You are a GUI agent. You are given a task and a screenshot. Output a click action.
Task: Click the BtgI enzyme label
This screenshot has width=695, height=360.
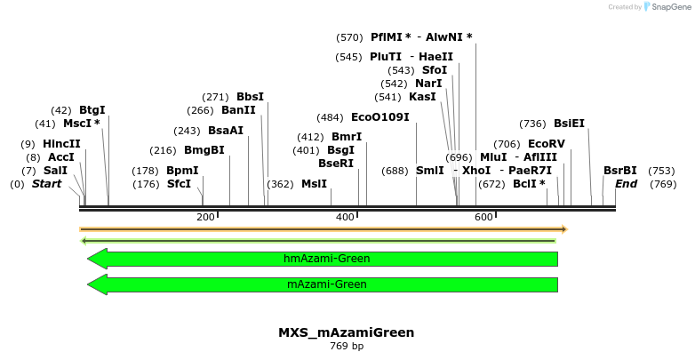(92, 110)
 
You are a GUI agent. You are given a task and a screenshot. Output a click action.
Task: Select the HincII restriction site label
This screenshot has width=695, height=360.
(61, 144)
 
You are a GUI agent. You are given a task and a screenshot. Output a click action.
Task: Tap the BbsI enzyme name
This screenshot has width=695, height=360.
(250, 97)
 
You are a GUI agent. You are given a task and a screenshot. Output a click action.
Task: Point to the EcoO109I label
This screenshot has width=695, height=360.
(379, 117)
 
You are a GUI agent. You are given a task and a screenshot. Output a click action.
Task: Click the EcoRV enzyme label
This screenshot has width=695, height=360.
(546, 144)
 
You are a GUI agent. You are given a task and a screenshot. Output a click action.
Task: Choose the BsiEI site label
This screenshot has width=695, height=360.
(569, 124)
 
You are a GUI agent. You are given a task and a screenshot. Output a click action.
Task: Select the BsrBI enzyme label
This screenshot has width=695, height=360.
(619, 171)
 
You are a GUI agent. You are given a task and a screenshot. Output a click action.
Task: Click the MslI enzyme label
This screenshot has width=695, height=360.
(314, 184)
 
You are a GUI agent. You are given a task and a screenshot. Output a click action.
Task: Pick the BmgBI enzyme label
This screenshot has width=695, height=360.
(204, 150)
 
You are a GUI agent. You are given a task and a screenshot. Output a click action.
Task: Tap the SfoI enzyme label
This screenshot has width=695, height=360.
(435, 70)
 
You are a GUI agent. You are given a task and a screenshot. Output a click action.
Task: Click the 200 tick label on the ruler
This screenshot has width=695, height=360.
(206, 218)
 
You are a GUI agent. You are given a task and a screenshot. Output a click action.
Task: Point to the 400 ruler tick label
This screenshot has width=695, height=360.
(345, 218)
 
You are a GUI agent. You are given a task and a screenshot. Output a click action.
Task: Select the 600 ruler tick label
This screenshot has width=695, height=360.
(483, 218)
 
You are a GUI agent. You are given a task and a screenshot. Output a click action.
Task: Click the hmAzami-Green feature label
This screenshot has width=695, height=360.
(326, 259)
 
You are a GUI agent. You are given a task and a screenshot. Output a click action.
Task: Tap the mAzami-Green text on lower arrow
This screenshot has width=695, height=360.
(326, 284)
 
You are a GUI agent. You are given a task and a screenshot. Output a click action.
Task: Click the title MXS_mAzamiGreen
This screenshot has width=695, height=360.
(346, 332)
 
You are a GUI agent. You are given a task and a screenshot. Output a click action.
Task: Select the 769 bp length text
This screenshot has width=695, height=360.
(346, 346)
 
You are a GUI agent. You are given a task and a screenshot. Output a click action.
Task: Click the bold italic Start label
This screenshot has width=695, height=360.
(46, 184)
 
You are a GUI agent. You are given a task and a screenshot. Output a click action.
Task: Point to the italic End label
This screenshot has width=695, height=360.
(626, 184)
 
